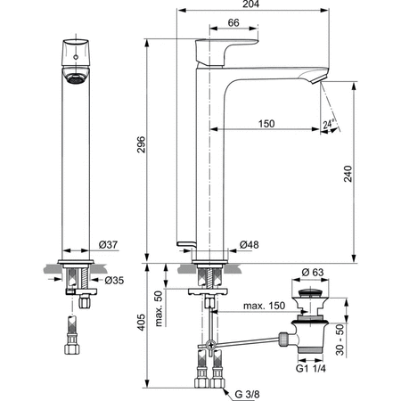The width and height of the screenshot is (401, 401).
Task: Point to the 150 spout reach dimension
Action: click(266, 123)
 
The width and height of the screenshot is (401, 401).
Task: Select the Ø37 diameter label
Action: click(109, 244)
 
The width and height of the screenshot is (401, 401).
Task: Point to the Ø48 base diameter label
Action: click(251, 244)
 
